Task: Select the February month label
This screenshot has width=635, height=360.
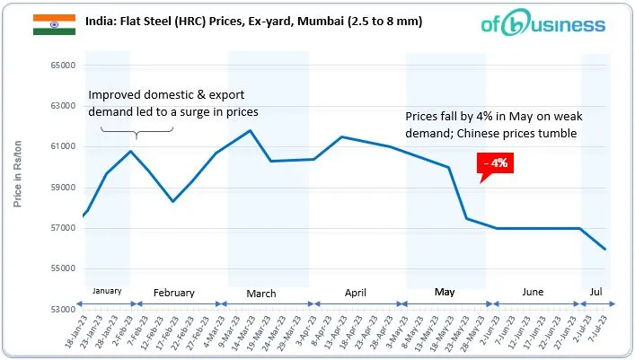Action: click(174, 293)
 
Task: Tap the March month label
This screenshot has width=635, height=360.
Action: click(261, 294)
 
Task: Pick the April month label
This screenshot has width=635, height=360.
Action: click(356, 293)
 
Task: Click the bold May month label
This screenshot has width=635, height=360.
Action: click(445, 293)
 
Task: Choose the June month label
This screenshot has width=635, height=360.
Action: click(533, 293)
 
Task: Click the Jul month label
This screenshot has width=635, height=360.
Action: click(595, 293)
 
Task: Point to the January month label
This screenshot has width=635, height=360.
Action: click(106, 291)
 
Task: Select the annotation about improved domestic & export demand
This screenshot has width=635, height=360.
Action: click(172, 104)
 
